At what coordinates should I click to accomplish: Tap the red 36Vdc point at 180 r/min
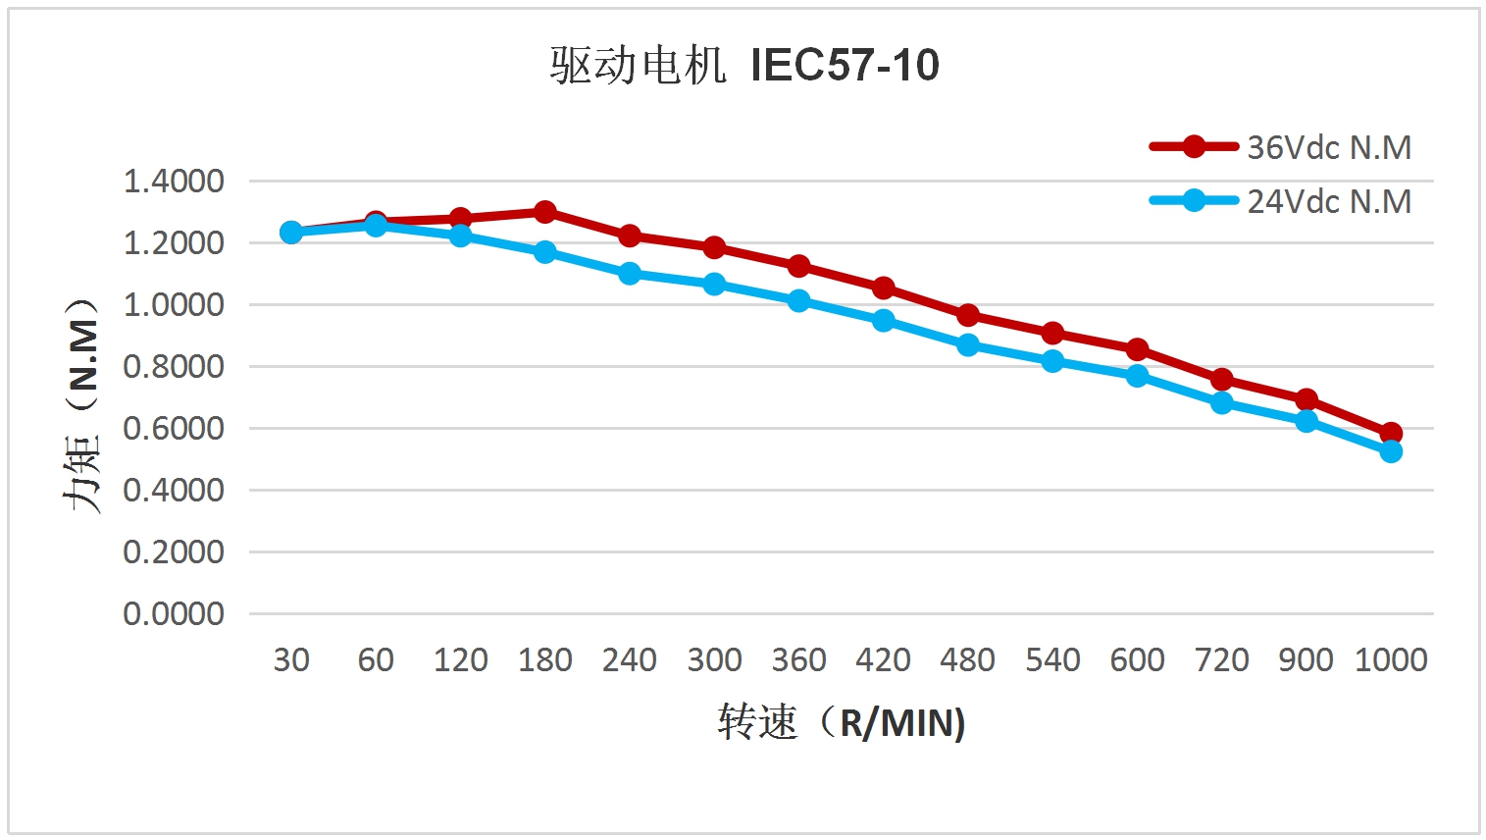tap(545, 212)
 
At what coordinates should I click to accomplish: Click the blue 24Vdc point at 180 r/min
tap(545, 252)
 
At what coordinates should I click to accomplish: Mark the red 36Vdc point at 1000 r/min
tap(1391, 433)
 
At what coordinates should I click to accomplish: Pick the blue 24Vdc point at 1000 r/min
tap(1391, 451)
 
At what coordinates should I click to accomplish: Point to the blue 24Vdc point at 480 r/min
tap(968, 345)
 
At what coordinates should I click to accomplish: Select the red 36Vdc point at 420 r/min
tap(884, 288)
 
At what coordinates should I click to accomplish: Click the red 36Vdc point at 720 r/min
tap(1222, 379)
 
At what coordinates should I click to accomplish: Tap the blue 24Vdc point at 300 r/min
tap(714, 285)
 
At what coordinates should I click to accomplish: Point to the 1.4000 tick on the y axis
tap(174, 182)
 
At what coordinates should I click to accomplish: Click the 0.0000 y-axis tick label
tap(174, 614)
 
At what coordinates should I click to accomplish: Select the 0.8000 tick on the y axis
tap(174, 367)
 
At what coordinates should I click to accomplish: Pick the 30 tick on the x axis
tap(291, 659)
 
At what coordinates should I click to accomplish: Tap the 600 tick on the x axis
tap(1137, 659)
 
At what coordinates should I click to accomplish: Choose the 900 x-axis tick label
tap(1306, 659)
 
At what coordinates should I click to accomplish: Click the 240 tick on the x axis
tap(630, 659)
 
